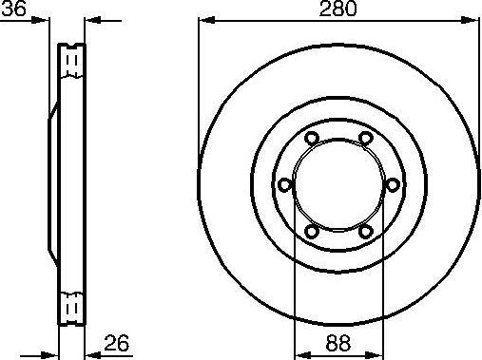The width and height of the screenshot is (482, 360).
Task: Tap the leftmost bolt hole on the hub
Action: [283, 185]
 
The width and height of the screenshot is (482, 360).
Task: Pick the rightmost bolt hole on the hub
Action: [392, 185]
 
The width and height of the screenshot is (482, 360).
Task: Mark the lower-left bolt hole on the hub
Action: [311, 231]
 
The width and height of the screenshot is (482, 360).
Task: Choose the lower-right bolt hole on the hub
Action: [365, 231]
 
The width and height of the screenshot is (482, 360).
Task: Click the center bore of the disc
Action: [337, 185]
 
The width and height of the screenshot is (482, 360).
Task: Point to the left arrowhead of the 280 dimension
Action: [205, 20]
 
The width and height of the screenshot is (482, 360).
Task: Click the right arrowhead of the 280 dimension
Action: [470, 20]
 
